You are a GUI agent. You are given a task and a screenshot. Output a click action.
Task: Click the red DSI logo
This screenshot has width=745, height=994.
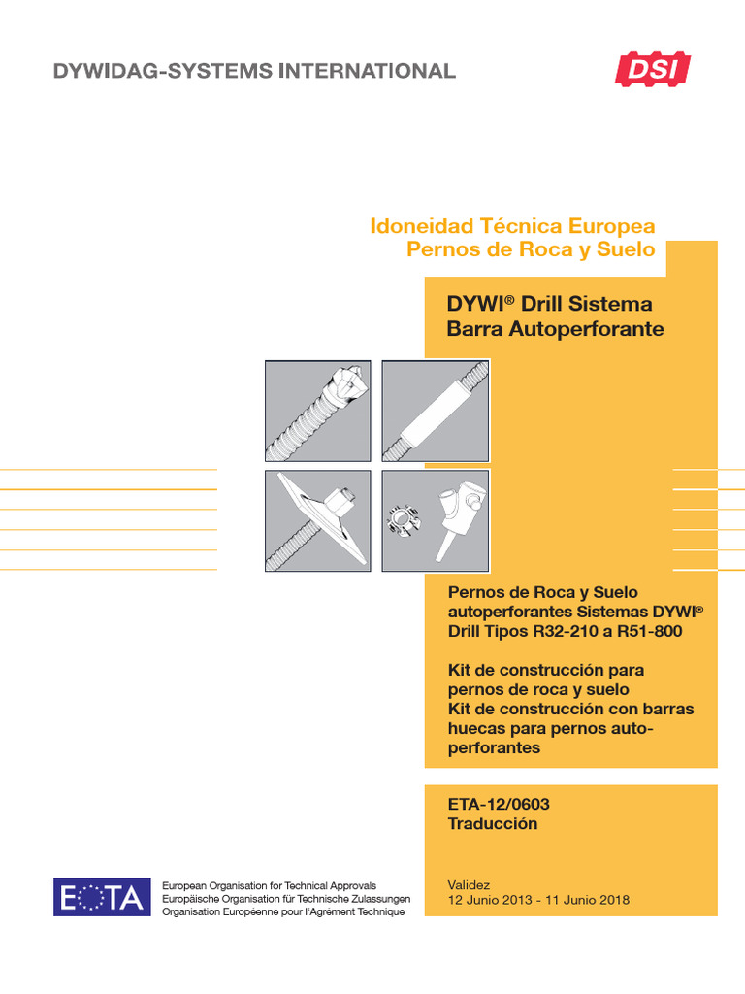[653, 69]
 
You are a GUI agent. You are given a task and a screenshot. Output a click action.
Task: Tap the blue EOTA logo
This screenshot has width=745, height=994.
[102, 897]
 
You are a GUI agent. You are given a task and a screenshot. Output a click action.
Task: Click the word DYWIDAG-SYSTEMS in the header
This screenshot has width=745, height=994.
[162, 70]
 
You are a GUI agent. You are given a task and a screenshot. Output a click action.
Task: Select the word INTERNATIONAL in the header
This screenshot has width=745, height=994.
[367, 70]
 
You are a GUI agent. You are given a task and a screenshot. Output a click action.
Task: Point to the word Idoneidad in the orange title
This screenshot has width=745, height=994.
[421, 226]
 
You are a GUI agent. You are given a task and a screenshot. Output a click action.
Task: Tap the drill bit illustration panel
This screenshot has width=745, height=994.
[317, 411]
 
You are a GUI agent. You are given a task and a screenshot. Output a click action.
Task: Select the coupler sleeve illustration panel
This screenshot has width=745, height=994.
[436, 411]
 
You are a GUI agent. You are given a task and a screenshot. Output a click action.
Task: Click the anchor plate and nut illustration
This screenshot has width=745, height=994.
[317, 520]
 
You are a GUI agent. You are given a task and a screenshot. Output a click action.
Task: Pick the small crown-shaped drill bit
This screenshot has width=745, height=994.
[401, 521]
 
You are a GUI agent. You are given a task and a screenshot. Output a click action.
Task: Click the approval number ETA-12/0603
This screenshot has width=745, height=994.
[499, 804]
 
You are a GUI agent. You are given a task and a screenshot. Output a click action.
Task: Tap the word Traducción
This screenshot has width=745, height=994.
[493, 823]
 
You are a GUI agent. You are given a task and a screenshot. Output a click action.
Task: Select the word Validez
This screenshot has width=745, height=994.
[469, 884]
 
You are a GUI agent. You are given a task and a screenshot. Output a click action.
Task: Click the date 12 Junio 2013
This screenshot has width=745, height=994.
[490, 900]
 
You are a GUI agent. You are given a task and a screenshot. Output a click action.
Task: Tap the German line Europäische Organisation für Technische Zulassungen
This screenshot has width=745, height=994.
[286, 899]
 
